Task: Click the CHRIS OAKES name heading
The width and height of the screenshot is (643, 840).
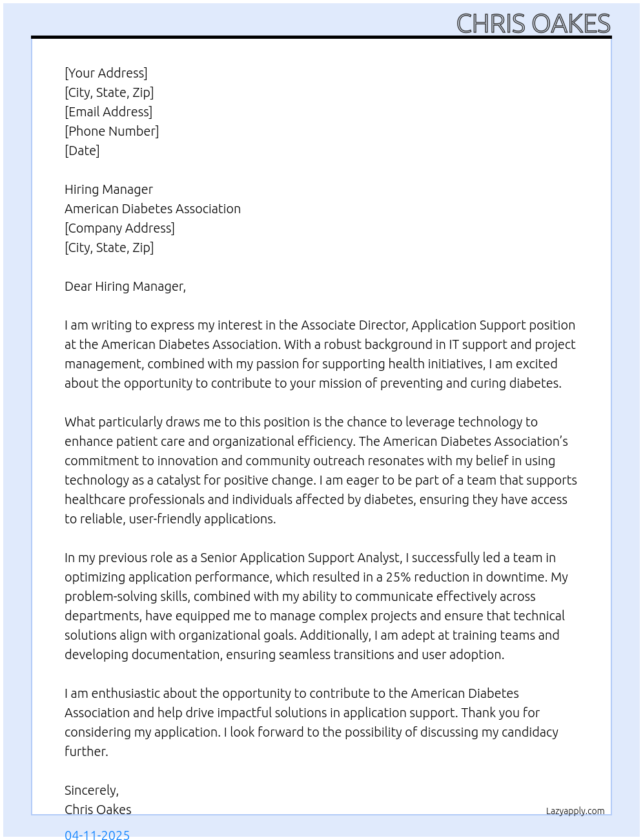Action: tap(533, 24)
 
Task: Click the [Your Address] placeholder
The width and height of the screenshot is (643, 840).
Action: tap(106, 73)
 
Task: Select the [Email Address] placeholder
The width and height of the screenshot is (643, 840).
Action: tap(108, 112)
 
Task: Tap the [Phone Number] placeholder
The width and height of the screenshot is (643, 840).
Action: tap(112, 131)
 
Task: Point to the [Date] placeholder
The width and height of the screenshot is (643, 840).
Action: tap(82, 151)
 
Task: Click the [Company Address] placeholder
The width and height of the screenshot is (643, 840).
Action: tap(119, 228)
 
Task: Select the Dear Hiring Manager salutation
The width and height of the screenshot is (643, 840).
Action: tap(125, 286)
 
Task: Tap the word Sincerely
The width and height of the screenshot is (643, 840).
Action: tap(91, 790)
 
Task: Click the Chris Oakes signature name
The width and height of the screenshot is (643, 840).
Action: tap(98, 810)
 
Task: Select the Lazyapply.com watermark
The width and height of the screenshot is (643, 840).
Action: tap(575, 811)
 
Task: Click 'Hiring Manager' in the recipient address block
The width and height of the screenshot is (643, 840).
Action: tap(108, 189)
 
